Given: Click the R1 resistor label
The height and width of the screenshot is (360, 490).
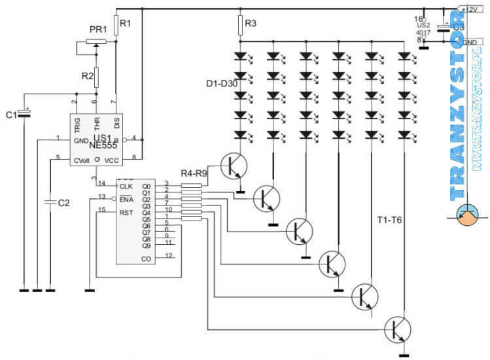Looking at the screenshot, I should tap(126, 24).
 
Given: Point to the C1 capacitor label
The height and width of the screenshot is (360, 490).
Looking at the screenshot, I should tap(11, 115).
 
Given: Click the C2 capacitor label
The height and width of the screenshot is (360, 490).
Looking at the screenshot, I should tap(63, 203).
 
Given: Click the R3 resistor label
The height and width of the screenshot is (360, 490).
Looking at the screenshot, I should tap(251, 24).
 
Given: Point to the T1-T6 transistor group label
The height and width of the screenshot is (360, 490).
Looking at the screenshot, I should tap(389, 220).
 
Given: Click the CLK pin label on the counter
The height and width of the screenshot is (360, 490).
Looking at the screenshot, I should tap(126, 187).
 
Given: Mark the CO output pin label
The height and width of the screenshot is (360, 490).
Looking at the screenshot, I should tap(146, 259).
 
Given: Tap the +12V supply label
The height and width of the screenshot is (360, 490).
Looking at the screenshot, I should tap(472, 9).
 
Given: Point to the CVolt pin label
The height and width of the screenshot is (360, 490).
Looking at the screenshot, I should tap(82, 159).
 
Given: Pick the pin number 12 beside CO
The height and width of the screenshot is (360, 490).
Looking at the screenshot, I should tap(168, 256).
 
